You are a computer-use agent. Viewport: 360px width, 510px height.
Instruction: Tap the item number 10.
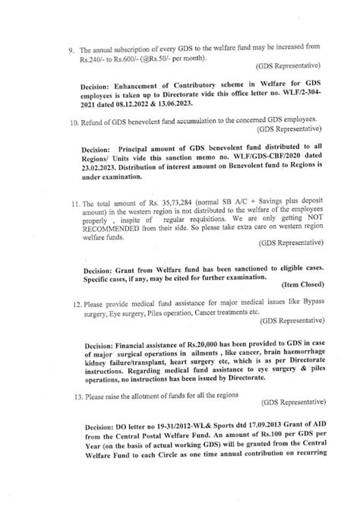[76, 122]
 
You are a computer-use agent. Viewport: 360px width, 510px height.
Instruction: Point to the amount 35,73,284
[179, 204]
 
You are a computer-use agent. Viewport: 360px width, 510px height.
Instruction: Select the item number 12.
[77, 303]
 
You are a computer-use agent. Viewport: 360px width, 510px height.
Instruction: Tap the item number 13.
[77, 397]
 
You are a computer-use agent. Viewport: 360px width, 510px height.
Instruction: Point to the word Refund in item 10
[99, 122]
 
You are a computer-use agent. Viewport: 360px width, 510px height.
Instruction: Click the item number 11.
[76, 204]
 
